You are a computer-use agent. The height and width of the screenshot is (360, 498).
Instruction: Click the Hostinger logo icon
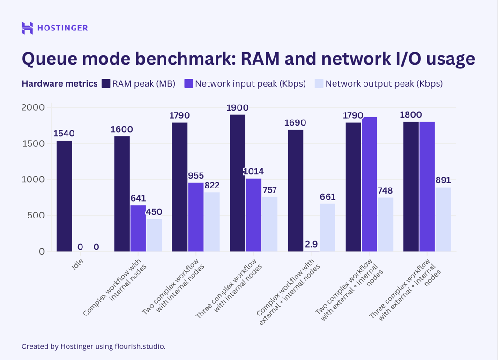pyautogui.click(x=27, y=28)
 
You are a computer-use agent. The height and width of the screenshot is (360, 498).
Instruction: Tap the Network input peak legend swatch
pyautogui.click(x=188, y=84)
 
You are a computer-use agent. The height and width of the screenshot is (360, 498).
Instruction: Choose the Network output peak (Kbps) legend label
pyautogui.click(x=383, y=84)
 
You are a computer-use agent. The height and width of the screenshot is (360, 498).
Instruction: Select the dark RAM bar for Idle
pyautogui.click(x=64, y=196)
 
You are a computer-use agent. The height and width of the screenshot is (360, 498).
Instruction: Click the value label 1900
pyautogui.click(x=237, y=108)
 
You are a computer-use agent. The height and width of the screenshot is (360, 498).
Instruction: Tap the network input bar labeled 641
pyautogui.click(x=138, y=228)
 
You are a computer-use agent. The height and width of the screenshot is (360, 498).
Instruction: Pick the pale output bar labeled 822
pyautogui.click(x=212, y=222)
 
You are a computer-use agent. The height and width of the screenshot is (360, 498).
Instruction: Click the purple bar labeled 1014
pyautogui.click(x=253, y=215)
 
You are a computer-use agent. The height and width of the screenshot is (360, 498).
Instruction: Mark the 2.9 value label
pyautogui.click(x=311, y=244)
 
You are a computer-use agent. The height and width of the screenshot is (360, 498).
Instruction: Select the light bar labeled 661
pyautogui.click(x=327, y=227)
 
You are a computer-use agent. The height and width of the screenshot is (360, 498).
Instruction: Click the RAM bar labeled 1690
pyautogui.click(x=295, y=190)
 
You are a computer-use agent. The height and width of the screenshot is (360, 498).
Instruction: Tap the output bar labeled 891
pyautogui.click(x=443, y=219)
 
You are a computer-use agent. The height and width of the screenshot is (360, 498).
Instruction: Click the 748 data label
pyautogui.click(x=385, y=191)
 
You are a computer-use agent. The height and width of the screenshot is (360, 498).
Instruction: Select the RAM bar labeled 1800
pyautogui.click(x=411, y=187)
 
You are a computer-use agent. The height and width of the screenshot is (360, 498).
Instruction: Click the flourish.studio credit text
pyautogui.click(x=140, y=346)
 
